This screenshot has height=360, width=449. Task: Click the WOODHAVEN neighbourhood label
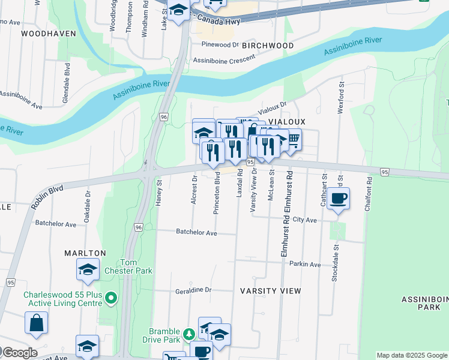[48, 34]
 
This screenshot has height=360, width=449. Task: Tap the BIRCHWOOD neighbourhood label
[270, 46]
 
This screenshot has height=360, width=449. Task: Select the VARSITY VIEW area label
[270, 290]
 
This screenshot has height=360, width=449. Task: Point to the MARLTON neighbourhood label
[85, 253]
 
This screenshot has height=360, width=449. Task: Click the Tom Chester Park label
[136, 266]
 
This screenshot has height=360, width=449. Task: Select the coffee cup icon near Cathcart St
[339, 197]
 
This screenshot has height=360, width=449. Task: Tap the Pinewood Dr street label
[220, 44]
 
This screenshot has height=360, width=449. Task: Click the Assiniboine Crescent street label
[224, 59]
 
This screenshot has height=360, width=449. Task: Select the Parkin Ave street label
[305, 264]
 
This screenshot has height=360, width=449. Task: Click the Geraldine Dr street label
[193, 289]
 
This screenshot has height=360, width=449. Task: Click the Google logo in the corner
[19, 353]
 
